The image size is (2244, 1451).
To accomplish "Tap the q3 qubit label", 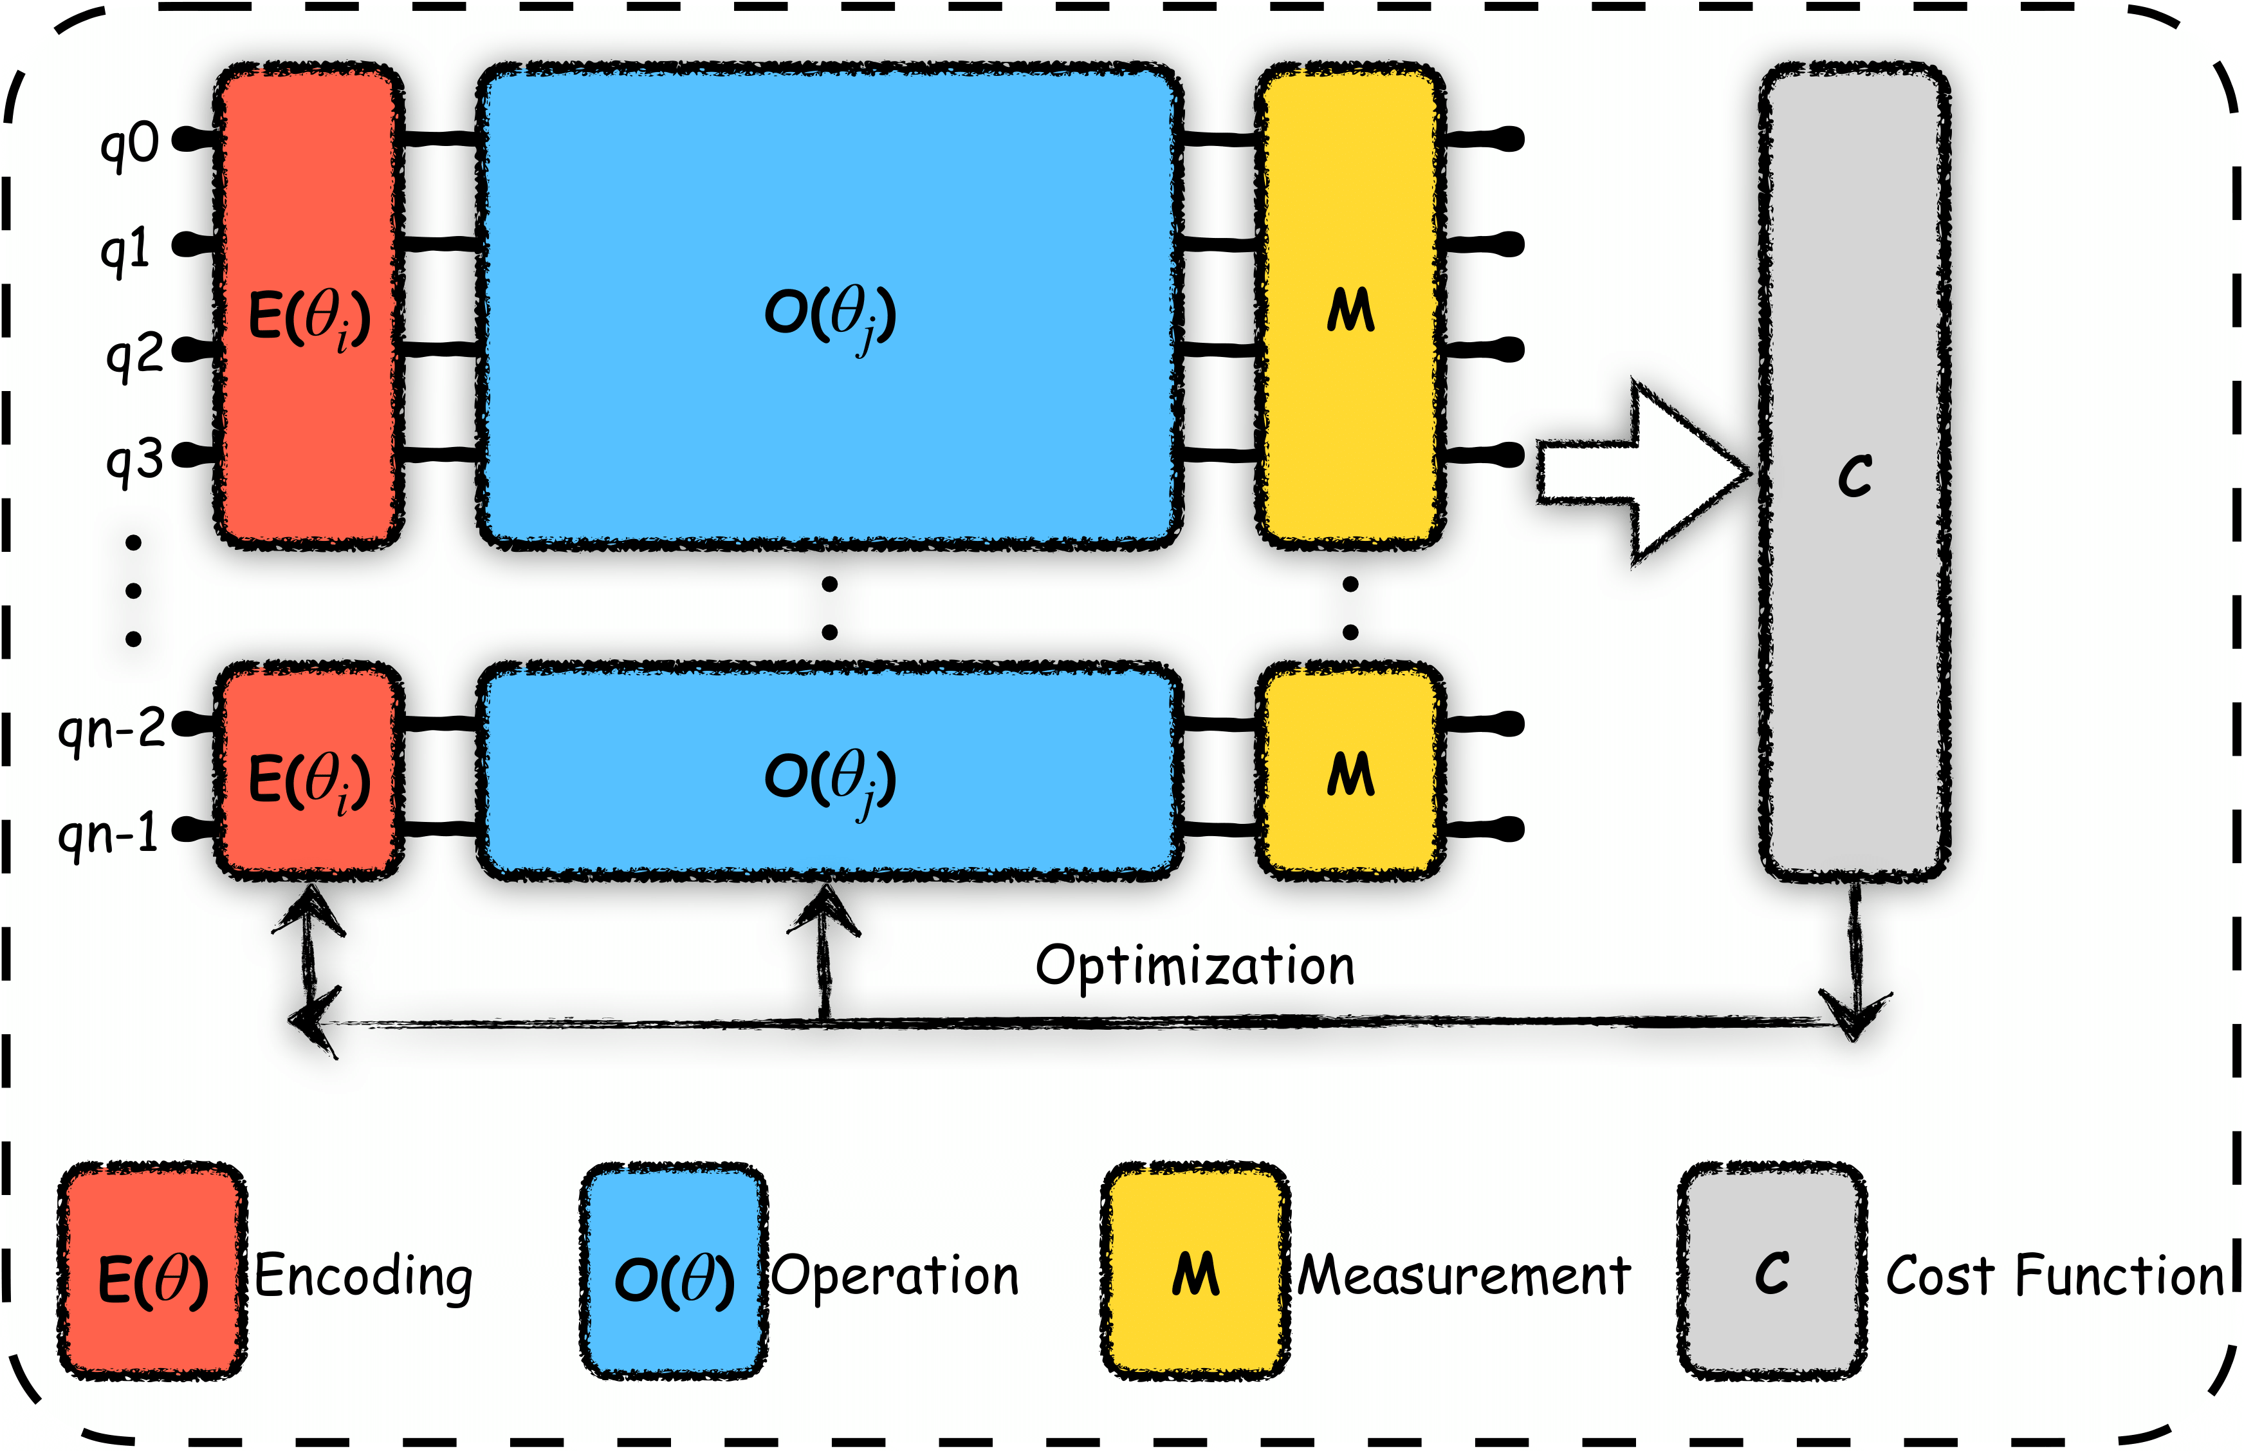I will [134, 462].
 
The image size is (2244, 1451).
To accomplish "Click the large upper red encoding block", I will [309, 306].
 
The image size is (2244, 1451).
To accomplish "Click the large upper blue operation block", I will [829, 306].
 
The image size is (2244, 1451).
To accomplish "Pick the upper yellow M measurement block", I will [1350, 306].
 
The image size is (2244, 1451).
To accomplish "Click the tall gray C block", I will [1854, 471].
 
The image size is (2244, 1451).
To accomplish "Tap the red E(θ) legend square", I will [152, 1272].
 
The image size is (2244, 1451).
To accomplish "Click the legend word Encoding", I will [363, 1277].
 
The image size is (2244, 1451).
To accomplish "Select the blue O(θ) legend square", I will [673, 1272].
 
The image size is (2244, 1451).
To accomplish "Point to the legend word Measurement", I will [1464, 1277].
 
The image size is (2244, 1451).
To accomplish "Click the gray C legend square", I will [1771, 1272].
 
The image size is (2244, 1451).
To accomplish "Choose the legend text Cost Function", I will [2055, 1277].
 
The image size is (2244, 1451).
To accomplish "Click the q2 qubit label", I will [134, 357].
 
